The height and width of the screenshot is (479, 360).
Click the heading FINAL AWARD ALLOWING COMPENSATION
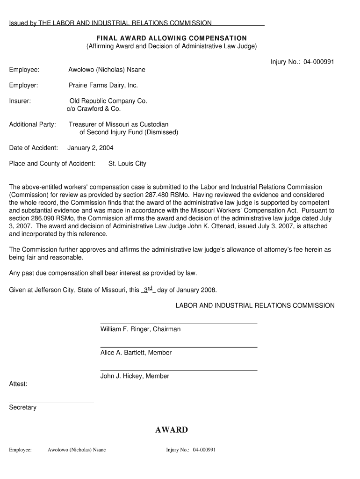click(x=172, y=38)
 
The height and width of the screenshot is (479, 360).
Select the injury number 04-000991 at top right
click(x=318, y=62)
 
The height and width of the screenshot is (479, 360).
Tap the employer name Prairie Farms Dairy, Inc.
click(x=103, y=85)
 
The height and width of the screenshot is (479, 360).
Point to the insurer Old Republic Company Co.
click(x=108, y=101)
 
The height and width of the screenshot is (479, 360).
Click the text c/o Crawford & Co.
click(x=94, y=109)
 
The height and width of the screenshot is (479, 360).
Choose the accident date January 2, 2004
click(x=90, y=148)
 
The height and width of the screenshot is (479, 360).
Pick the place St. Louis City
click(x=127, y=164)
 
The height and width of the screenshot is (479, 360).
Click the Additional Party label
click(x=33, y=124)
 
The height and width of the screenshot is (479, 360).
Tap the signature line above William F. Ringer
click(x=179, y=323)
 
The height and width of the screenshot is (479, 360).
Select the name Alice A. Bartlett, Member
click(x=136, y=353)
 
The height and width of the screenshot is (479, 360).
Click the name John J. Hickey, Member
click(x=135, y=376)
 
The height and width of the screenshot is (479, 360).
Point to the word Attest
click(x=18, y=384)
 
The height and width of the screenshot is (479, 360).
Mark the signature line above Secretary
click(x=51, y=401)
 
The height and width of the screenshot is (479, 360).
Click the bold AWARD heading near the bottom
click(x=172, y=430)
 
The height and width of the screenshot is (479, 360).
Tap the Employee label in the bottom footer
click(x=20, y=450)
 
